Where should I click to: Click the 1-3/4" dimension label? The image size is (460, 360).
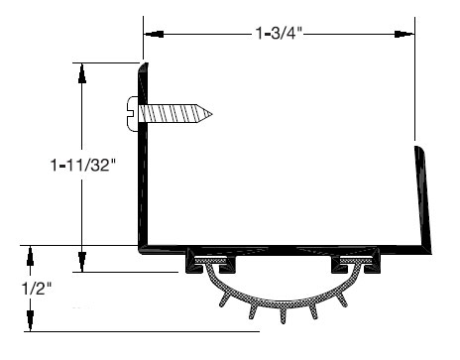[279, 33]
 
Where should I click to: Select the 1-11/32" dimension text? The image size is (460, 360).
[84, 165]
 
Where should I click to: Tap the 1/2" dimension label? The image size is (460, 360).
[37, 289]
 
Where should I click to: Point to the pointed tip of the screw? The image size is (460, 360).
[212, 114]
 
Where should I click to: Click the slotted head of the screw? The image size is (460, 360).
[132, 114]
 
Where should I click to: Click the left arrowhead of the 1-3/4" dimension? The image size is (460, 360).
[155, 34]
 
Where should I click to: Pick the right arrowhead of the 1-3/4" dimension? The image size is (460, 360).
[403, 34]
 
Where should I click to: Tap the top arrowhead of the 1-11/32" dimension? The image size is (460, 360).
[82, 73]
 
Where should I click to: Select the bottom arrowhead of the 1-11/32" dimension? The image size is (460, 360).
[81, 262]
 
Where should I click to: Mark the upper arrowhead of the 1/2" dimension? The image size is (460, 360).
[30, 256]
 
